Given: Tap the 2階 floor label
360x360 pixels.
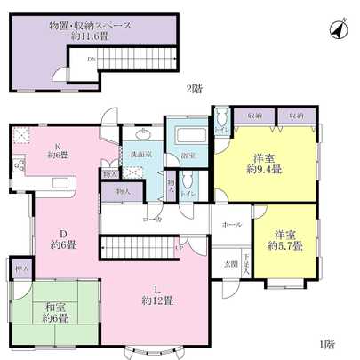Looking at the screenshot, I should coord(194,88).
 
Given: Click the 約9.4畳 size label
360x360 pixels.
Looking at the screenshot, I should coord(266,169).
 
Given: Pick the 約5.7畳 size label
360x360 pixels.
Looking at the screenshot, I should coord(284,245).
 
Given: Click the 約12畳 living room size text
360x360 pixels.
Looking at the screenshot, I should coord(157,299).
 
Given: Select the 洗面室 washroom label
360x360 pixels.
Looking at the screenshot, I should coord(140,156).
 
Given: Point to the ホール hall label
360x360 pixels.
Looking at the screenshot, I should coord(231,225).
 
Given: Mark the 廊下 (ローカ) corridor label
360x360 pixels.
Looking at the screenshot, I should coord(152,219).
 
